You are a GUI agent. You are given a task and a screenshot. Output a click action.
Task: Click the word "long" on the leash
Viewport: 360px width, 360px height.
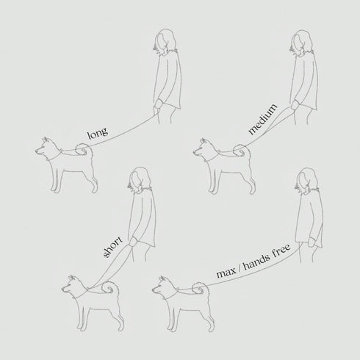98,133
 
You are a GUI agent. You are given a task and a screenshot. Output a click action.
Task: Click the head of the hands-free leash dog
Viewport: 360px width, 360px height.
165,287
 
